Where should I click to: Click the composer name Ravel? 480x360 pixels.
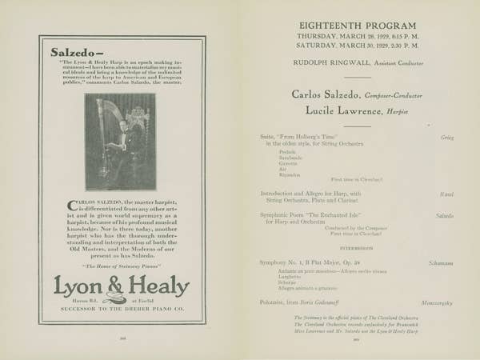(x=446, y=194)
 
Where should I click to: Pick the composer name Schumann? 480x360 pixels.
(x=442, y=262)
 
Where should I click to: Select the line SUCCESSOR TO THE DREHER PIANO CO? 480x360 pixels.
(x=121, y=307)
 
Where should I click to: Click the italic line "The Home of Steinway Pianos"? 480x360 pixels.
(x=121, y=266)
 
